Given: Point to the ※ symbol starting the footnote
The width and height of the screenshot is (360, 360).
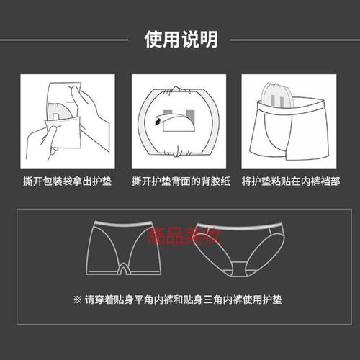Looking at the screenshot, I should click(78, 297).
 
